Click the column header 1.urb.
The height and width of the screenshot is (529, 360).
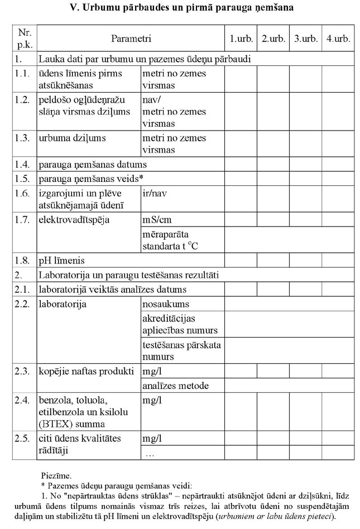[241, 39]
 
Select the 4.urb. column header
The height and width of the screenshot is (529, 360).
[338, 39]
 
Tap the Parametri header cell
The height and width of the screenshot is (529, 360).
[131, 39]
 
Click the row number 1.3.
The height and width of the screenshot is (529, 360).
[22, 138]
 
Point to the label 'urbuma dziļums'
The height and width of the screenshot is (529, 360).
[72, 138]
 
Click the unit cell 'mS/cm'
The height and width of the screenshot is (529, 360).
[157, 219]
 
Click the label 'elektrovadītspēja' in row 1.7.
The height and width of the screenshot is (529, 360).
[74, 219]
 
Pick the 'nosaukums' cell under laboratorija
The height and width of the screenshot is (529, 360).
[166, 304]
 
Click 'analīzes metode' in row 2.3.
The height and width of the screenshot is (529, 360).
[175, 386]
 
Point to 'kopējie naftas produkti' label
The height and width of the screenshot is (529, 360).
[86, 371]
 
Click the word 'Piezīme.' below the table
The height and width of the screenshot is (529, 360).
[56, 475]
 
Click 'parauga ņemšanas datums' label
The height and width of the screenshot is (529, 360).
[92, 165]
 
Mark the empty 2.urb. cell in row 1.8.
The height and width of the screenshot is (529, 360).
[273, 260]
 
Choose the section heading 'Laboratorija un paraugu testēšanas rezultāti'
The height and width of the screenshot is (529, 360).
[128, 275]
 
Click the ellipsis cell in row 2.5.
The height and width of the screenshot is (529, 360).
[150, 454]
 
